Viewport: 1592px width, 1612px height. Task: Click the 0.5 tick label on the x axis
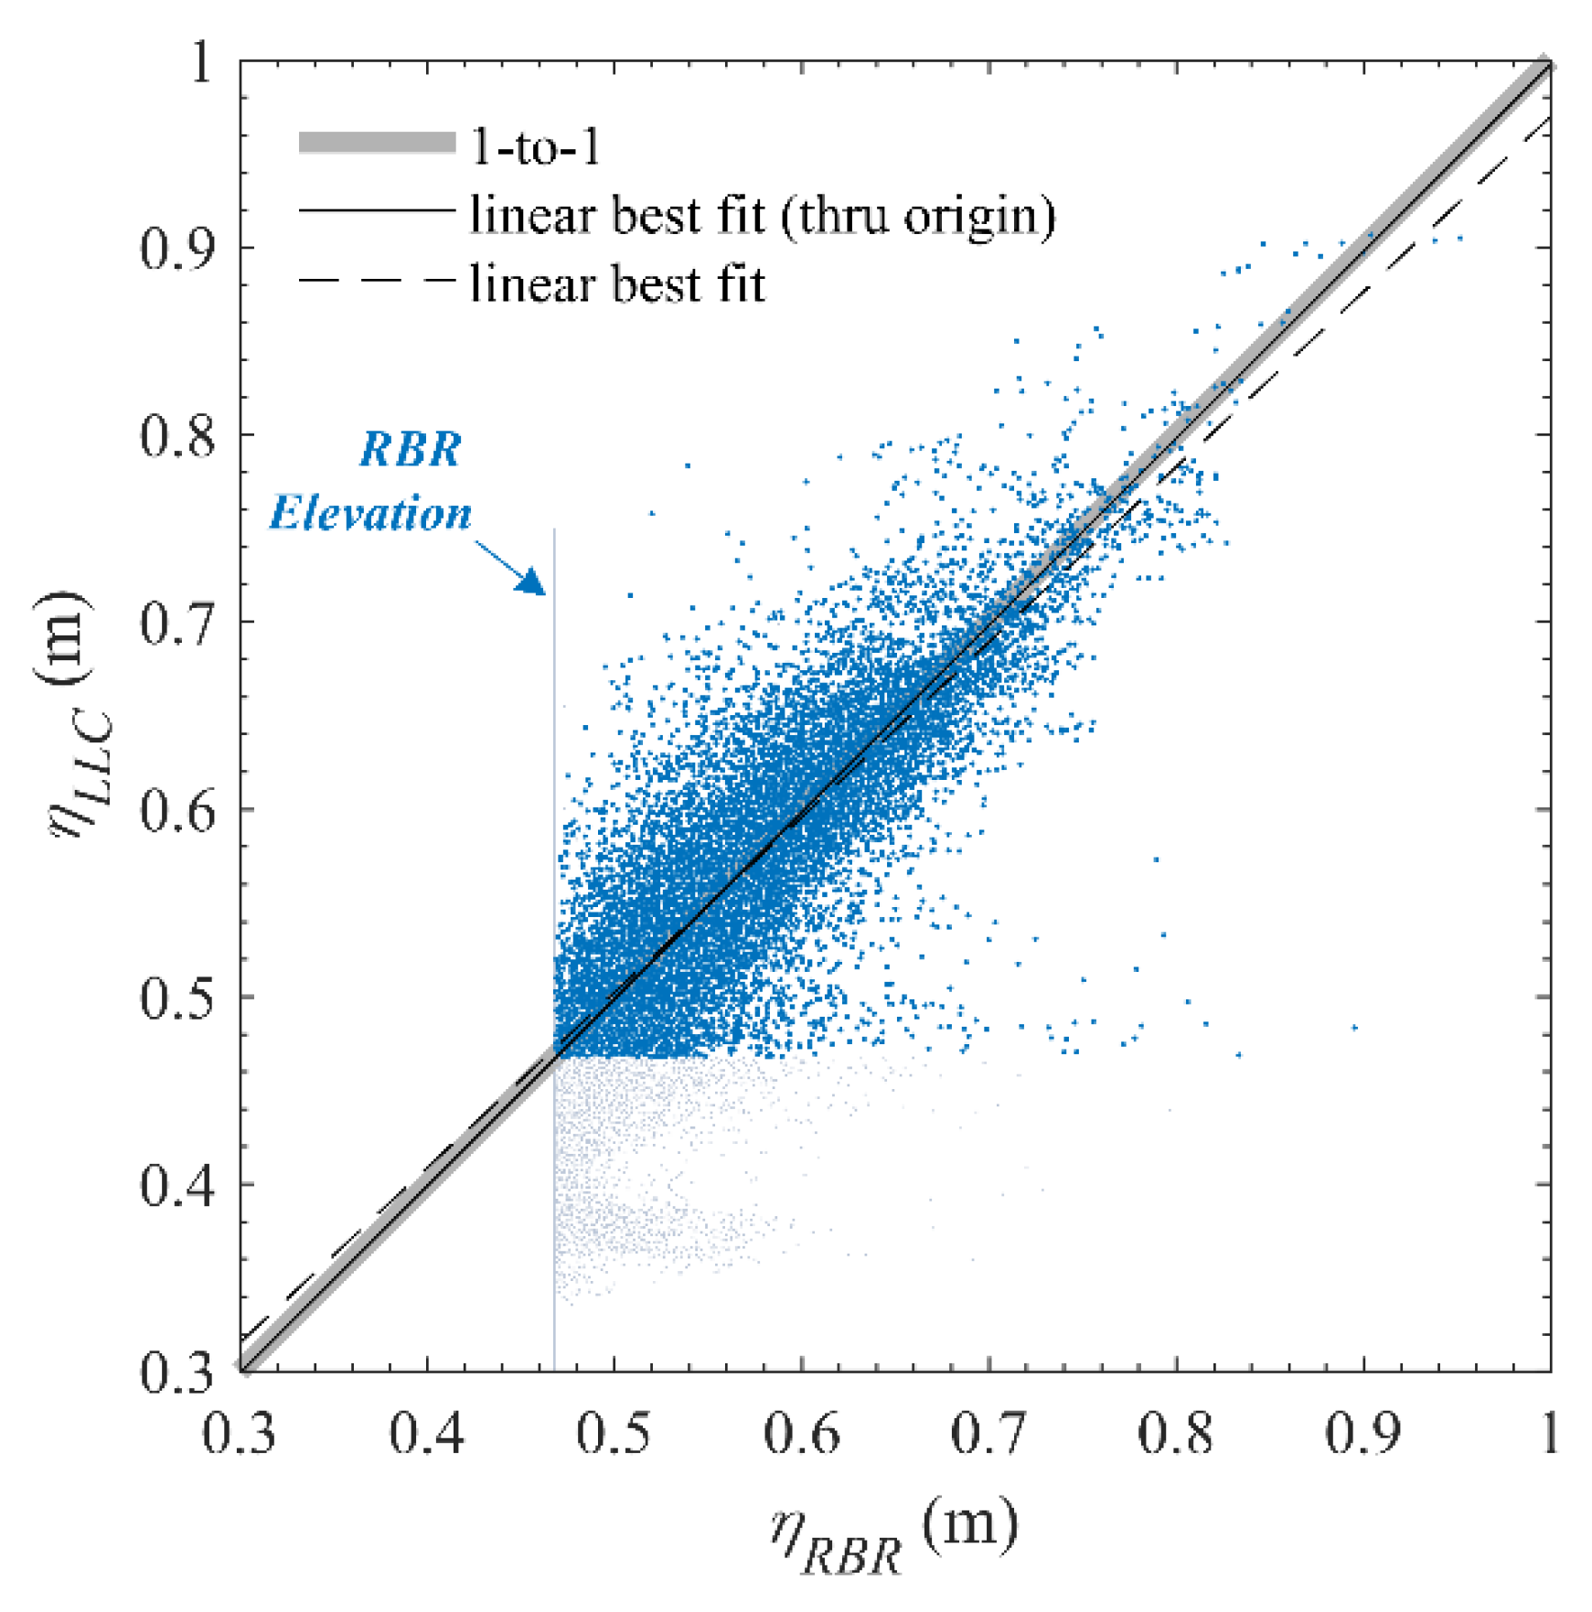[x=614, y=1433]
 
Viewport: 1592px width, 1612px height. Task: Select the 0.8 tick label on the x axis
[x=1175, y=1433]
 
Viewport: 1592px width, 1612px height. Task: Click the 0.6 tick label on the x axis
[x=801, y=1433]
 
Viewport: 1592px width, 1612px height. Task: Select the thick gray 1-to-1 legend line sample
[x=377, y=143]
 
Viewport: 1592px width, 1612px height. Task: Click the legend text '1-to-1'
[x=535, y=146]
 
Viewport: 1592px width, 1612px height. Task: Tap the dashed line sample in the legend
[x=377, y=281]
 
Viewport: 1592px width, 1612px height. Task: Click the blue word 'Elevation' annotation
[x=370, y=513]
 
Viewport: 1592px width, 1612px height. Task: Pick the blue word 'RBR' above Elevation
[x=410, y=449]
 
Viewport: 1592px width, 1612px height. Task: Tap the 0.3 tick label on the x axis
[x=240, y=1433]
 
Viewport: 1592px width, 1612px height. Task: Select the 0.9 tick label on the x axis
[x=1362, y=1433]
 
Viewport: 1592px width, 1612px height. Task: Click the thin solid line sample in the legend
[x=377, y=211]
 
